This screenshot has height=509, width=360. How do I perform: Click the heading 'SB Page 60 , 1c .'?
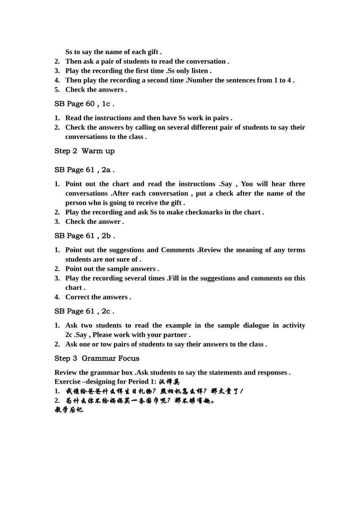[x=84, y=104]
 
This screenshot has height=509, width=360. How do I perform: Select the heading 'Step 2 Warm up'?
[x=85, y=151]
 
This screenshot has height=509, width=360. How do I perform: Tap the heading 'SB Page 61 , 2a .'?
[x=85, y=170]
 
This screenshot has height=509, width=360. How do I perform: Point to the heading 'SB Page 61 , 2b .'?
[x=85, y=236]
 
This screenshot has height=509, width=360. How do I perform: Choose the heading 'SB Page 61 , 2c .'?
[x=84, y=311]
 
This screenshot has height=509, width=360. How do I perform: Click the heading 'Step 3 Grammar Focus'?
[x=97, y=358]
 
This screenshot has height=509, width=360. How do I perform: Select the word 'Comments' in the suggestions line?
[x=178, y=250]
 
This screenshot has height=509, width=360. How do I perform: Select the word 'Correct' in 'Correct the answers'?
[x=77, y=297]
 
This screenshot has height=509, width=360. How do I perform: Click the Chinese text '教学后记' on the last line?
[x=69, y=410]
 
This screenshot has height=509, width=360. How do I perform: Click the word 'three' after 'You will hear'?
[x=297, y=184]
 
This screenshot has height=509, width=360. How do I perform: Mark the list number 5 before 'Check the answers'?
[x=57, y=90]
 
